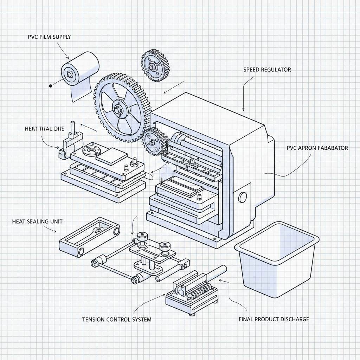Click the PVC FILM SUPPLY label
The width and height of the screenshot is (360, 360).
49,37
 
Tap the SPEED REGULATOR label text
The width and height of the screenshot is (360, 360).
267,70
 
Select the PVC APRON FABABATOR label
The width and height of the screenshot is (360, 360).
317,148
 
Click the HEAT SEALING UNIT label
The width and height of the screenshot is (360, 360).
37,221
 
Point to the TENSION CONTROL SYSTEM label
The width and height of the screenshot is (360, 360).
117,320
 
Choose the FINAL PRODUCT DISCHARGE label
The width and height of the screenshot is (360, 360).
274,319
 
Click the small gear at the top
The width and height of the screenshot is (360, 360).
156,66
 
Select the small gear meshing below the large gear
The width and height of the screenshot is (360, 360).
154,142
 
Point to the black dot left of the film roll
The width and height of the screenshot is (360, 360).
51,85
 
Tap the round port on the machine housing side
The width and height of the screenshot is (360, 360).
243,197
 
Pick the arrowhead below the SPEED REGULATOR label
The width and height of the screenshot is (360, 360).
244,110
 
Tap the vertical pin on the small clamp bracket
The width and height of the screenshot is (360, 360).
73,127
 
